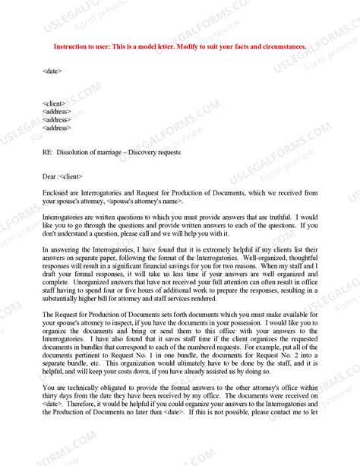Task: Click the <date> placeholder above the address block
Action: [52, 71]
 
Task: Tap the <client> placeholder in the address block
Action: [55, 103]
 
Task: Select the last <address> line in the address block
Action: [57, 128]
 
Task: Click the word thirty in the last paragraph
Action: [51, 395]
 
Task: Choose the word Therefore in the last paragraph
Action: [83, 404]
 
